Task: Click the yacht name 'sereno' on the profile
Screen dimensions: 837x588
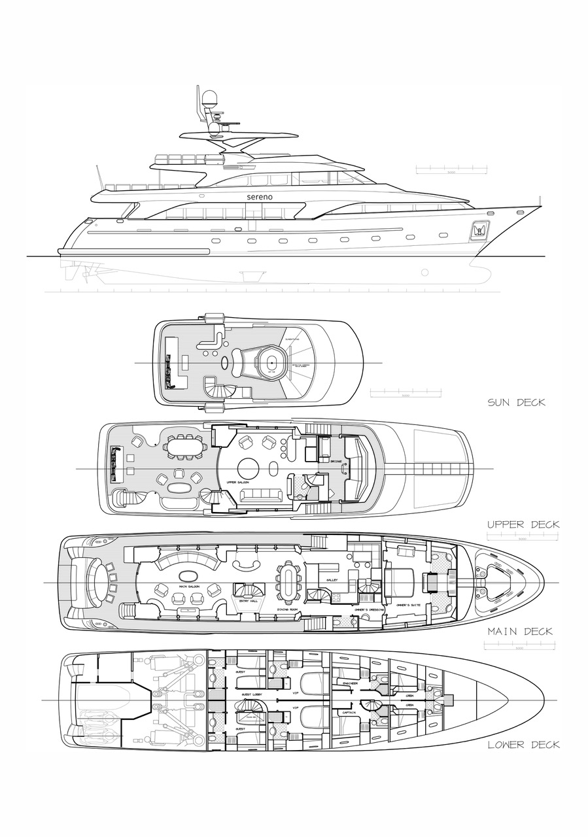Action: [x=260, y=196]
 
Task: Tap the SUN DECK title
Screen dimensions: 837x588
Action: [x=516, y=402]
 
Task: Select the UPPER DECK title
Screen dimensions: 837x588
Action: [x=523, y=524]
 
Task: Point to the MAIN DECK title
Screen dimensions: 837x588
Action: [x=520, y=632]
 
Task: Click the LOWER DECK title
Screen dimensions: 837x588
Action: [x=523, y=744]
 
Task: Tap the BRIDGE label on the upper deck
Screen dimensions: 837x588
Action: [x=336, y=462]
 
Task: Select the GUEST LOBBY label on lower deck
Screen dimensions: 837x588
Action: [x=252, y=694]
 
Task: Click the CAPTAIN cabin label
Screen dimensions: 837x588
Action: [x=347, y=713]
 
